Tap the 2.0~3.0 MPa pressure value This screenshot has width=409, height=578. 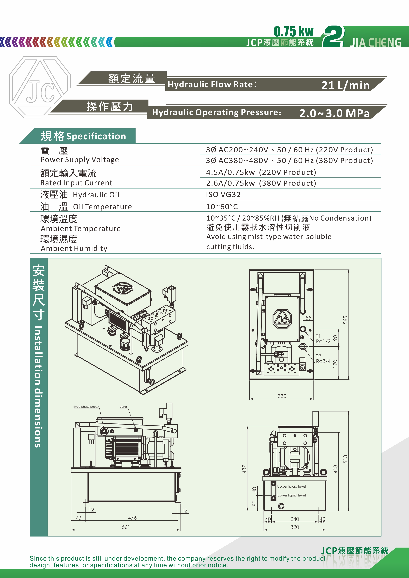tap(334, 113)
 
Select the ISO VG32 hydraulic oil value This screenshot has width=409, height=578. tap(223, 195)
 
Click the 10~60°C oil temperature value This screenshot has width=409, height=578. tap(222, 207)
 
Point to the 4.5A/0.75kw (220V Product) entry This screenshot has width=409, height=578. tap(261, 172)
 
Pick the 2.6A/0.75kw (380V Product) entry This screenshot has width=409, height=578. tap(261, 183)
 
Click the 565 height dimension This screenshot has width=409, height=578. tap(345, 320)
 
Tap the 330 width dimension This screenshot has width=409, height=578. tap(282, 396)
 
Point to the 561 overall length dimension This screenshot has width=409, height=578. tap(126, 527)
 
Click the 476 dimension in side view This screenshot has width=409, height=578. tap(132, 518)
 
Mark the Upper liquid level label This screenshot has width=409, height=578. tap(292, 486)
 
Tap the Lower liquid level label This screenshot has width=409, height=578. tap(292, 495)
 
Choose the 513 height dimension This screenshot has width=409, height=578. tap(345, 459)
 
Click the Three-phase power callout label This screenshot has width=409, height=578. tap(86, 407)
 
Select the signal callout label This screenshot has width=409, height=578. tap(124, 407)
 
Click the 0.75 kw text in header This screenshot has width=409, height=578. tap(294, 32)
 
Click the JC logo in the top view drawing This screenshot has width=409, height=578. tap(282, 319)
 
